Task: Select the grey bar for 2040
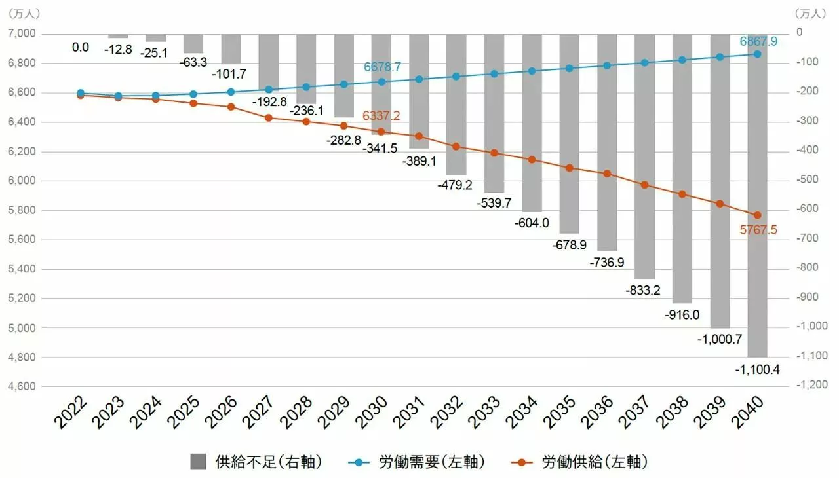click(x=757, y=196)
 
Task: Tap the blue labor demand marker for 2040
click(x=757, y=54)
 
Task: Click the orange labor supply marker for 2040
click(x=757, y=215)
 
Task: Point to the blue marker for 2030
click(x=381, y=82)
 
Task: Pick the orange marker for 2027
click(x=268, y=118)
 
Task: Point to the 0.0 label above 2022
click(x=81, y=47)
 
